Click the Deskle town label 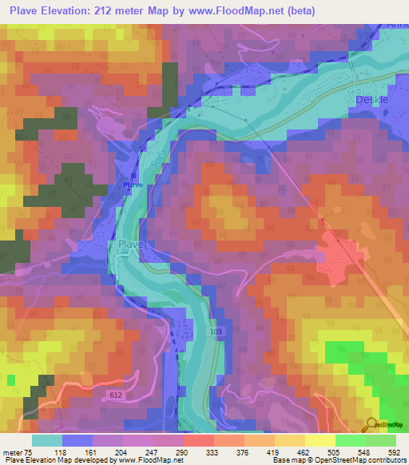point(371,99)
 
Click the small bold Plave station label point(132,185)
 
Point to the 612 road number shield point(115,395)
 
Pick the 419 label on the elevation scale point(273,451)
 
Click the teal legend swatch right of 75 point(47,440)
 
